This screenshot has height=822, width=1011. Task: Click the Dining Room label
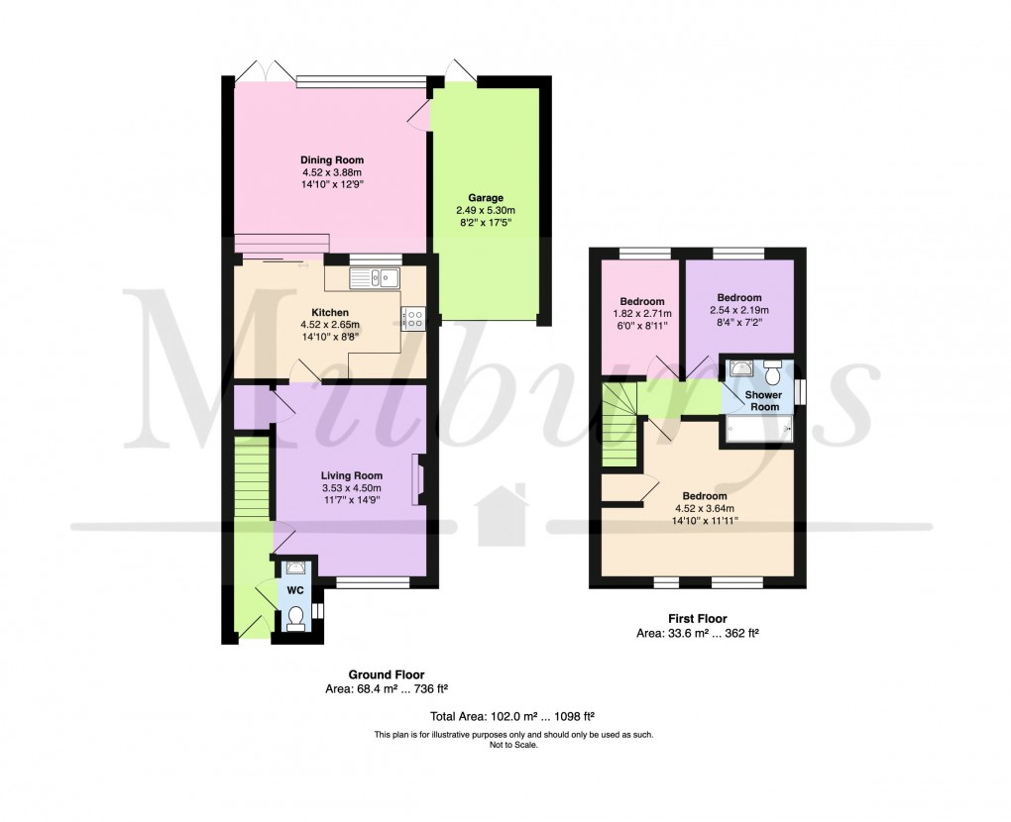coord(332,159)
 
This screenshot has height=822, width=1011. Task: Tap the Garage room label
coord(487,197)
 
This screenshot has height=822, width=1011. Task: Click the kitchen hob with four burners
coord(413,319)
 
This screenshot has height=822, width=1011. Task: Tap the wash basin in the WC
coord(295,568)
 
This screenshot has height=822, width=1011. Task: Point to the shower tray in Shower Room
coord(758,429)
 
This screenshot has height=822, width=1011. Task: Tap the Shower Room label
coord(763,400)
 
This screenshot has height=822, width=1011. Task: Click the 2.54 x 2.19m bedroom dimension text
coord(739,310)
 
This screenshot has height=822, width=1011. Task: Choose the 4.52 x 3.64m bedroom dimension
coord(704,509)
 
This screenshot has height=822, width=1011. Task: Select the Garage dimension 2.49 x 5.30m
coord(487,210)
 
